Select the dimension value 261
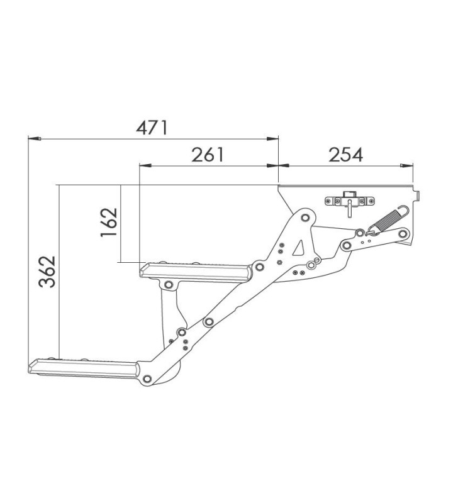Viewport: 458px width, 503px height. click(208, 154)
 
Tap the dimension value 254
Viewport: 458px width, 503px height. click(345, 154)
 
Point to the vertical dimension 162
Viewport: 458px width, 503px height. click(109, 222)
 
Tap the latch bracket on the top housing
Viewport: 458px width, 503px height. click(348, 201)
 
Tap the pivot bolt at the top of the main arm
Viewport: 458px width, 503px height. click(306, 218)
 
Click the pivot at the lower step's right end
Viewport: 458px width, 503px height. click(147, 379)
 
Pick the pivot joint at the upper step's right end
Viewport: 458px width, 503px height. click(258, 268)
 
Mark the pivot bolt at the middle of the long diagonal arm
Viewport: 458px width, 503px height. click(208, 322)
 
